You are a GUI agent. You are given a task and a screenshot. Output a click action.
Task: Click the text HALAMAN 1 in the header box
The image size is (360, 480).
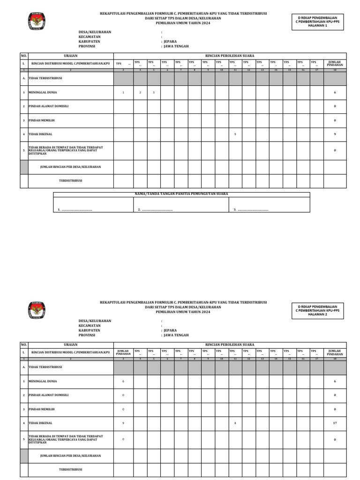[317, 25]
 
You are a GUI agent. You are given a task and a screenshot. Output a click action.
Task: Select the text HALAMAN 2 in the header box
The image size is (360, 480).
[317, 314]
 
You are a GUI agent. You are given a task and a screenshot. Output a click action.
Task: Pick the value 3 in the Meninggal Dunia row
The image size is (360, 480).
[154, 93]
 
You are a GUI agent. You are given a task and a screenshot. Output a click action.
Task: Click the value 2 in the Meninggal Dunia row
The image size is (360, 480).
[140, 93]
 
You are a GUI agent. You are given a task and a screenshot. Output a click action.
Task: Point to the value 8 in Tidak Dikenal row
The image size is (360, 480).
[235, 423]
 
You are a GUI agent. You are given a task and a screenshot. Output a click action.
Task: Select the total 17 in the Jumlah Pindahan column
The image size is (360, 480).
[335, 423]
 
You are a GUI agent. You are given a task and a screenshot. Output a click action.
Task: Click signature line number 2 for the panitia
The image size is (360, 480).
[155, 210]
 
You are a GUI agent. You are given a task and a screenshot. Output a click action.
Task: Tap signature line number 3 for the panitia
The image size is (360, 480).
[251, 210]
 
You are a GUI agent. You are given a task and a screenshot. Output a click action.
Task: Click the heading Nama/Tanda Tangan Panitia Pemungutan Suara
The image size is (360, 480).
[181, 194]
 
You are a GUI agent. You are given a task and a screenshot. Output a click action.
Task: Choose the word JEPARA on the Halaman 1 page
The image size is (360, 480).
[170, 42]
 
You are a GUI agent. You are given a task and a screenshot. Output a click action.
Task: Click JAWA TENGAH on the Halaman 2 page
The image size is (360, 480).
[176, 335]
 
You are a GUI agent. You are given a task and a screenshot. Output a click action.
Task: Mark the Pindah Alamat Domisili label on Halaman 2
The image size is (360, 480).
[48, 395]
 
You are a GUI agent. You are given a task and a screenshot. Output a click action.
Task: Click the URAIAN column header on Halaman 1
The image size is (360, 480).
[70, 56]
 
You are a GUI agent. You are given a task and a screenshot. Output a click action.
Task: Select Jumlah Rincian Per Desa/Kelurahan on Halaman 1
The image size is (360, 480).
[71, 167]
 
